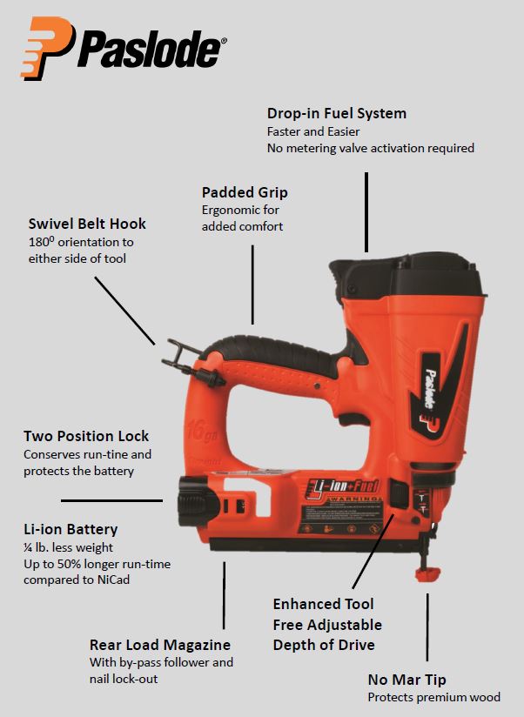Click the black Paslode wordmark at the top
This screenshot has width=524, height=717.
(x=151, y=50)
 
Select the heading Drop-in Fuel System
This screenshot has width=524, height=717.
(x=337, y=113)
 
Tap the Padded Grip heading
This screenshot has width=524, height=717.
(x=245, y=192)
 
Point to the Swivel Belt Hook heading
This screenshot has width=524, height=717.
(x=87, y=224)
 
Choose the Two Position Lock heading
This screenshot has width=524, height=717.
(x=86, y=436)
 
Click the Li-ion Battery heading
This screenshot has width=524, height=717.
(x=71, y=529)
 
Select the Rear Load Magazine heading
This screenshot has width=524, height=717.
(x=159, y=645)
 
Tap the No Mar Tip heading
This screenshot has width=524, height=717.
(x=407, y=680)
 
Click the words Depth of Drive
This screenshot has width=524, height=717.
(x=324, y=645)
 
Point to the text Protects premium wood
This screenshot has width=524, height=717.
(x=434, y=697)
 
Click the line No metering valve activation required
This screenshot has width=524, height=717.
(x=370, y=148)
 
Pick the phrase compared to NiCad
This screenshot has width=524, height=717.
(x=77, y=580)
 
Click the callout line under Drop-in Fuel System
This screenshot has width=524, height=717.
(x=366, y=212)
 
